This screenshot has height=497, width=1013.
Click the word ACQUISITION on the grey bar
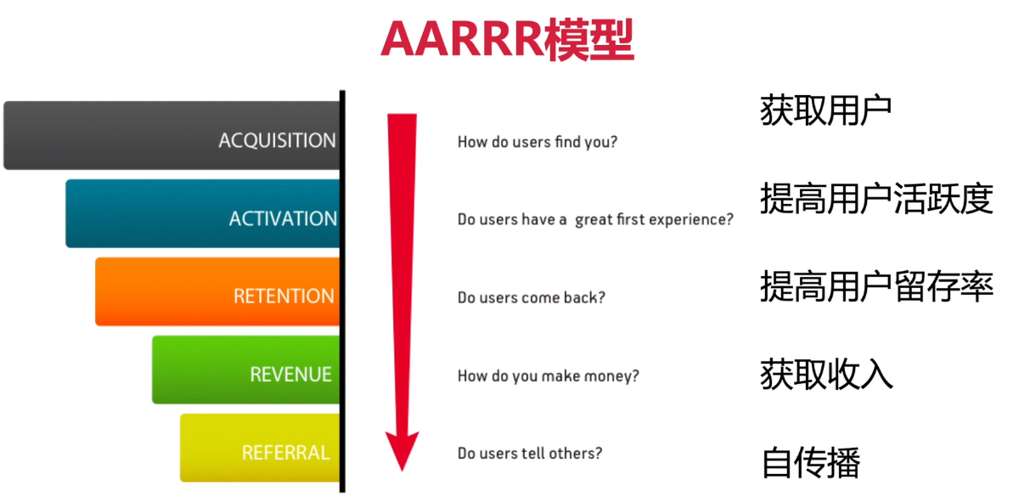277,141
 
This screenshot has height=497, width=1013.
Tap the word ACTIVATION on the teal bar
283,218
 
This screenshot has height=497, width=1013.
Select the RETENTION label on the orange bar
284,296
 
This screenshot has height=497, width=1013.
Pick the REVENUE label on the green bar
290,374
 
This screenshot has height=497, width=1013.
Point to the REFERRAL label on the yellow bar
286,453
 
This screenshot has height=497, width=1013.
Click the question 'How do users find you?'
537,142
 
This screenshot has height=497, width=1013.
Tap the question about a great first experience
595,220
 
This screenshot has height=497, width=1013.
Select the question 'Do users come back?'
532,298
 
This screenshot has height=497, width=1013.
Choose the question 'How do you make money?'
548,376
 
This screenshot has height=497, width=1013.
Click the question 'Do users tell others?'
530,453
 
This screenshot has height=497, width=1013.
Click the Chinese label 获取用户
825,112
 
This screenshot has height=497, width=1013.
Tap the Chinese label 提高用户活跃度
876,199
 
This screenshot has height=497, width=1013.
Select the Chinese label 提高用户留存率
876,285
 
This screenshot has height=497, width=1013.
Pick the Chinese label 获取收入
826,374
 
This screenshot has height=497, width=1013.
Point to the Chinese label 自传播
812,463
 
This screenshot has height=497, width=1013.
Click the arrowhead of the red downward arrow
402,450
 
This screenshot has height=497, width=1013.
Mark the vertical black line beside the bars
342,291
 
